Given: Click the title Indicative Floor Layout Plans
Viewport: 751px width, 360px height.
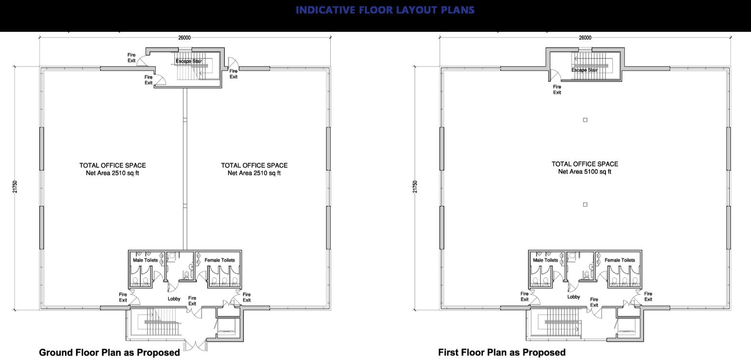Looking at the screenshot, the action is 385,10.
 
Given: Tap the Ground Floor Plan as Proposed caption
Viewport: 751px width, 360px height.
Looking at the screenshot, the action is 109,353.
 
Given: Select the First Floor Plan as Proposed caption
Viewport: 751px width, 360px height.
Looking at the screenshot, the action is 502,353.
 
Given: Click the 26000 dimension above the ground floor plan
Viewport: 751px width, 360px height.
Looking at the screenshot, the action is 185,38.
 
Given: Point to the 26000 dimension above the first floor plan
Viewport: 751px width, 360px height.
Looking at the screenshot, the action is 585,38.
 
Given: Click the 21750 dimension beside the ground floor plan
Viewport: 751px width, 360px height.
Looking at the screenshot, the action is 15,187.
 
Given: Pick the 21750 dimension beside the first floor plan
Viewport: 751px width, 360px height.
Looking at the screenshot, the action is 415,187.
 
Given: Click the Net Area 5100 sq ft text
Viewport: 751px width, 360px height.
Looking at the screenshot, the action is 585,172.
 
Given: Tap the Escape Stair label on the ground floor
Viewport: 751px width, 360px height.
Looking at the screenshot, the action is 189,61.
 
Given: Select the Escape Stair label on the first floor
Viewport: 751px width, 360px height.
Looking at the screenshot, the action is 584,70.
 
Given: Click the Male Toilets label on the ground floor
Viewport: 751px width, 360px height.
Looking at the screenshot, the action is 145,260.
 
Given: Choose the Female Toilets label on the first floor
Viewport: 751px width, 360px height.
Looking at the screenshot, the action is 619,260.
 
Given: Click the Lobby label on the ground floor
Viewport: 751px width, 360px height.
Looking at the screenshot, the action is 174,299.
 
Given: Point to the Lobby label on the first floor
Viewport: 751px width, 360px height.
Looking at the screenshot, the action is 574,297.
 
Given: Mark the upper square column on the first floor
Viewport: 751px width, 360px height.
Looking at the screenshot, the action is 585,120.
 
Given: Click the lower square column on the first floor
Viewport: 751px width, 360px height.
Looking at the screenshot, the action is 585,204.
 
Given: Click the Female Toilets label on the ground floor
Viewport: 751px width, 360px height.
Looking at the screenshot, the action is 220,260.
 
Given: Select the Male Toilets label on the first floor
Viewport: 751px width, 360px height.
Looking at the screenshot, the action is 546,260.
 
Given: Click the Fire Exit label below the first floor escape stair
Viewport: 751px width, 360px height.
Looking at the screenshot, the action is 557,90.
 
